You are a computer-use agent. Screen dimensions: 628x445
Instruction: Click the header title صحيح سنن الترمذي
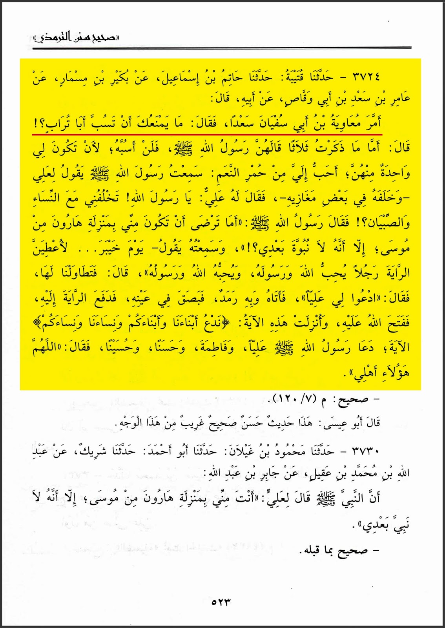[77, 38]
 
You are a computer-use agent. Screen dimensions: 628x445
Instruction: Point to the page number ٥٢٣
[221, 602]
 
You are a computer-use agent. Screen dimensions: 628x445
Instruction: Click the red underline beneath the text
[208, 133]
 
